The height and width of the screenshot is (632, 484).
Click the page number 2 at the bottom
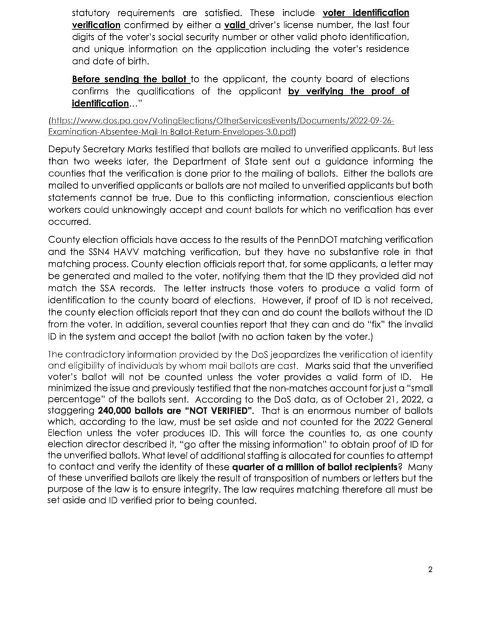pyautogui.click(x=430, y=569)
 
